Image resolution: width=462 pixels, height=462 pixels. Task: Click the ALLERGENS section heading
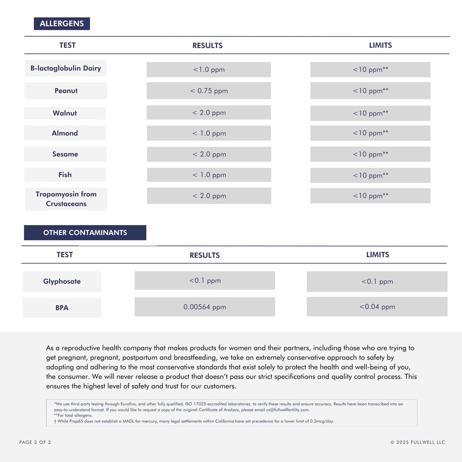tap(62, 24)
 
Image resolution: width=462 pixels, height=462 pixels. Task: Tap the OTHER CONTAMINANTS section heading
tap(85, 232)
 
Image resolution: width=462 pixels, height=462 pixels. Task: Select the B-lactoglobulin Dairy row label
tap(66, 68)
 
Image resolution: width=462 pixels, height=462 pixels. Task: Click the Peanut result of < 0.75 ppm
tap(209, 91)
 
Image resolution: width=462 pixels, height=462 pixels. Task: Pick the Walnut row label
tap(65, 113)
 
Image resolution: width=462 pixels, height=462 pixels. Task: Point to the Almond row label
tap(65, 133)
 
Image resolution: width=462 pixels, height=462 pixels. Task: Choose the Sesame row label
tap(65, 154)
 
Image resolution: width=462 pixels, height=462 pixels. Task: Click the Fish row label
tap(65, 175)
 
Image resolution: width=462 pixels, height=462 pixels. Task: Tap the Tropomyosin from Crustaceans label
tap(66, 199)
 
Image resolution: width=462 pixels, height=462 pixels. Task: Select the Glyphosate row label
tap(62, 281)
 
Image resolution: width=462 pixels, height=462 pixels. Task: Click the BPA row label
tap(62, 308)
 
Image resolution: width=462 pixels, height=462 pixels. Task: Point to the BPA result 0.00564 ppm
tap(205, 307)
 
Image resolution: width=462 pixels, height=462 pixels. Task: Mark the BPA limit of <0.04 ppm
tap(377, 307)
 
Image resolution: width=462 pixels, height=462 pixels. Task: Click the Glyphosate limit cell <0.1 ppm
tap(377, 281)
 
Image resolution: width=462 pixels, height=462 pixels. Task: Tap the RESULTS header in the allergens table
tap(207, 46)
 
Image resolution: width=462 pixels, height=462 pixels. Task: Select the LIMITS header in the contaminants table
tap(377, 255)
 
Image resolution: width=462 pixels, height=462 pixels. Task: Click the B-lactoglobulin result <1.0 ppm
tap(209, 70)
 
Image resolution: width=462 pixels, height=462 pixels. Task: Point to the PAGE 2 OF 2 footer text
tap(35, 442)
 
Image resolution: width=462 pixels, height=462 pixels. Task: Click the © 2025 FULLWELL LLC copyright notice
tap(418, 442)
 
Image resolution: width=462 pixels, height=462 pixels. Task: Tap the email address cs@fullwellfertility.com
tap(287, 410)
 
